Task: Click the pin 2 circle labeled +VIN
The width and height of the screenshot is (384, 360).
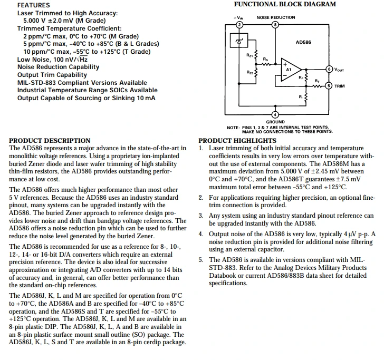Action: tap(239, 25)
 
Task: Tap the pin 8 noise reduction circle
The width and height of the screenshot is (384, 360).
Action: tap(275, 25)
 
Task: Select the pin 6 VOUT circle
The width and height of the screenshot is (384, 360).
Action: tap(329, 69)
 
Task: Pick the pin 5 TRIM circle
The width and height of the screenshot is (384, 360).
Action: tap(329, 86)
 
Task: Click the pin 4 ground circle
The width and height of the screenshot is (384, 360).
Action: tap(275, 114)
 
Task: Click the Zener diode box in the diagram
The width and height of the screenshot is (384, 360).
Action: tap(239, 41)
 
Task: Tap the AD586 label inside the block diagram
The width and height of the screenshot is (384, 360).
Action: tap(303, 42)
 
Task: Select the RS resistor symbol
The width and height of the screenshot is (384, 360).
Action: tap(266, 64)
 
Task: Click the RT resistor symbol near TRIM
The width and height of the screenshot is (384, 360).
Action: tap(317, 86)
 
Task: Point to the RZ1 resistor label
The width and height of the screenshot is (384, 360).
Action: tap(249, 55)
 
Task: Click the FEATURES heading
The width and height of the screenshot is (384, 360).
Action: tap(34, 5)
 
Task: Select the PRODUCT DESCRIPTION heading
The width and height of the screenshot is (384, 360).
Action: tap(50, 141)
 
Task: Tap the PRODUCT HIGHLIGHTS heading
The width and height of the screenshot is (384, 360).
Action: tap(237, 141)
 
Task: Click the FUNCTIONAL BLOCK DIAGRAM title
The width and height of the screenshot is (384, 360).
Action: tap(285, 4)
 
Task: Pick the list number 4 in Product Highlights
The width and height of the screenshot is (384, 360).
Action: tap(201, 234)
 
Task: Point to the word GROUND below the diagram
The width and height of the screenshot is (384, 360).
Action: tap(275, 122)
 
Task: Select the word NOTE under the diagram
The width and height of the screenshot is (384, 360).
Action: tap(233, 128)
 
